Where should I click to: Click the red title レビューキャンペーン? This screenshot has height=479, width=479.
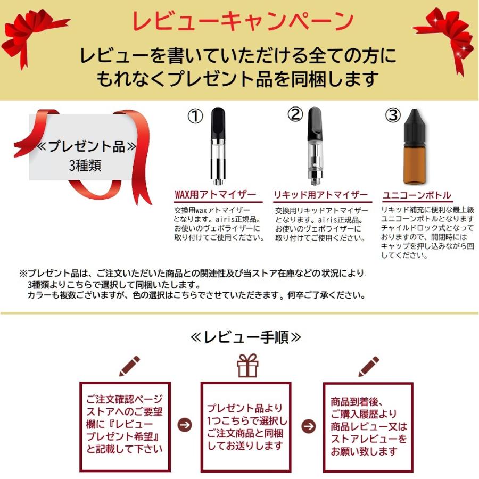click(243, 21)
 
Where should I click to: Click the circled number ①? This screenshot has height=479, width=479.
click(195, 117)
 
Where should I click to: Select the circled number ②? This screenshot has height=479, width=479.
click(295, 114)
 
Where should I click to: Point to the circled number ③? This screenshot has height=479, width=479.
click(393, 115)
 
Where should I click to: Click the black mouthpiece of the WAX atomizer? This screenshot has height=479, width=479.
click(218, 123)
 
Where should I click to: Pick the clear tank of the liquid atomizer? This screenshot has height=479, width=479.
click(315, 156)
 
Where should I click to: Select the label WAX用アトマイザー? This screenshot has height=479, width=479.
click(216, 195)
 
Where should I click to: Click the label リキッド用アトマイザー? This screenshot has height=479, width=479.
click(321, 195)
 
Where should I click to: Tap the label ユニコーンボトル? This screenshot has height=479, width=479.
click(417, 195)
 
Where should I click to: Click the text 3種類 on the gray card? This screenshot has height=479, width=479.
click(85, 166)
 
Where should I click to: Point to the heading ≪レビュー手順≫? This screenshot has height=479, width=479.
click(245, 337)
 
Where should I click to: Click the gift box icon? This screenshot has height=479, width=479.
click(247, 366)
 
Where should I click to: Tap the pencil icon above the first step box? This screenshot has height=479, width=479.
click(129, 366)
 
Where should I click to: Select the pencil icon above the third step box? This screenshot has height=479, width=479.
click(368, 366)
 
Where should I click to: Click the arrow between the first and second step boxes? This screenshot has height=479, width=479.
click(185, 425)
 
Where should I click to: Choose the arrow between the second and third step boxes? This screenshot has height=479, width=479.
click(309, 426)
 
